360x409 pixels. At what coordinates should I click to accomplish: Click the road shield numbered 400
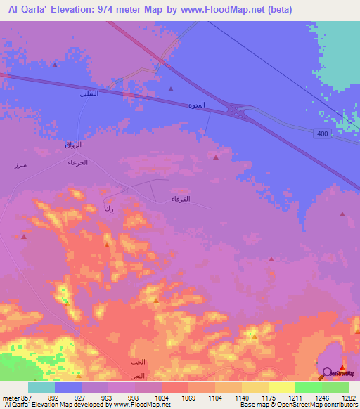323,134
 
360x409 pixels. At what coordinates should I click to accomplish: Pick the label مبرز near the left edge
20,164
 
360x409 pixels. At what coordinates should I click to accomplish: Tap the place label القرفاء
181,199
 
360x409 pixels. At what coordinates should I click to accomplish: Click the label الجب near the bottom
137,362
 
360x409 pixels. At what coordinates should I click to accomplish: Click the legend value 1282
349,397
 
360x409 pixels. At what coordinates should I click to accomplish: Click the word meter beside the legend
11,397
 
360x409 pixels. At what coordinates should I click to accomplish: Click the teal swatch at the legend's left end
41,387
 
